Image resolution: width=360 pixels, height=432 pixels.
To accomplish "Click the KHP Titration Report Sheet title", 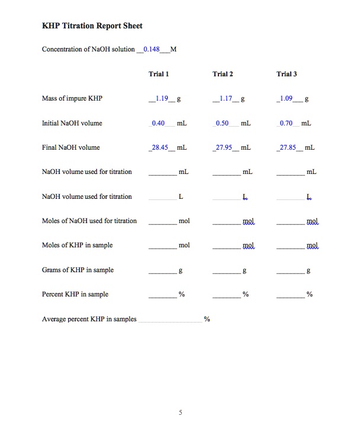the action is [x=92, y=26].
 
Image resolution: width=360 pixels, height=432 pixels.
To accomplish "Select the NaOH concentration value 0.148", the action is [x=152, y=49].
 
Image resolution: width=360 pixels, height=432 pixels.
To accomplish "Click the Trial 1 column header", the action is [x=159, y=74].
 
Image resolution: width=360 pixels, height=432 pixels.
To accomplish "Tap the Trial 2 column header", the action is [x=223, y=74].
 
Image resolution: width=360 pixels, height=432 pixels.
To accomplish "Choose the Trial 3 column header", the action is [x=287, y=74].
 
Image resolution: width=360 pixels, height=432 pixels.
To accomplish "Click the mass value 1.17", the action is [x=225, y=98].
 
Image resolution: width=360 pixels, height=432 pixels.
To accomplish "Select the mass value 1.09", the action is [x=287, y=98].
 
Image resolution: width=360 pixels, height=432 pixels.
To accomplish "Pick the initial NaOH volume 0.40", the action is [x=158, y=123].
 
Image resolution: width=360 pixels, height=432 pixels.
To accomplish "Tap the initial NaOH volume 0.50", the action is [x=222, y=123].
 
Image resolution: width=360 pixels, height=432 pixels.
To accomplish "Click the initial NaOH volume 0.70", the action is [x=286, y=123].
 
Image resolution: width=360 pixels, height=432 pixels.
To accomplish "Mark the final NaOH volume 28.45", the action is [x=160, y=147].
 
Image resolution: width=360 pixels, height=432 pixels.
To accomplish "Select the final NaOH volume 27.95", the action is [x=224, y=147].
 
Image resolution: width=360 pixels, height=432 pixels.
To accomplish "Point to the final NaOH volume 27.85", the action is [x=287, y=147].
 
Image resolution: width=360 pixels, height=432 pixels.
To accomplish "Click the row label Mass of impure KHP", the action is [x=72, y=98].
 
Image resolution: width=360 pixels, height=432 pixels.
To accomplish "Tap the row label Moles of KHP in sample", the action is [x=78, y=245].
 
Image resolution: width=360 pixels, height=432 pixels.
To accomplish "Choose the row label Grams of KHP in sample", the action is [x=78, y=270].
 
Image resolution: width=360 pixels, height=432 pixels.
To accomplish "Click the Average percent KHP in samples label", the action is [x=89, y=319].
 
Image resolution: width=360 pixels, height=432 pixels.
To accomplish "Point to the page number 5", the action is [x=180, y=412].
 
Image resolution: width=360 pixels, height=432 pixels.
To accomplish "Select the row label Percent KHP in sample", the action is [x=75, y=294].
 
